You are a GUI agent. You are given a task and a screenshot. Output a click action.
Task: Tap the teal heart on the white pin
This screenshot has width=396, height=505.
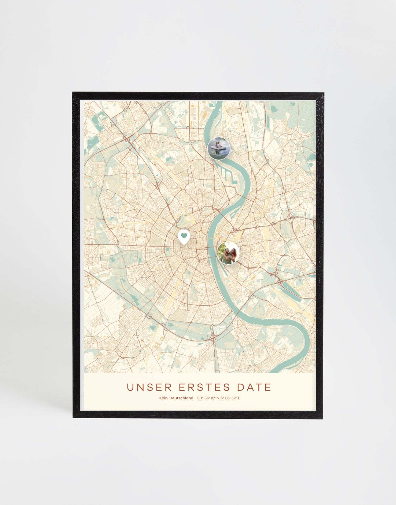[x=184, y=235]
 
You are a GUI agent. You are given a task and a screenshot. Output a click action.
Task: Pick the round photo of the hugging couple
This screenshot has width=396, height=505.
[x=228, y=253]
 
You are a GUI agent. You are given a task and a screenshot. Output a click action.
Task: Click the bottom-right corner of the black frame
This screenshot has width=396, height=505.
[x=323, y=418]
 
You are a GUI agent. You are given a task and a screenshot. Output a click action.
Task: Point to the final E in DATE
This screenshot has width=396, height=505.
[x=268, y=387]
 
